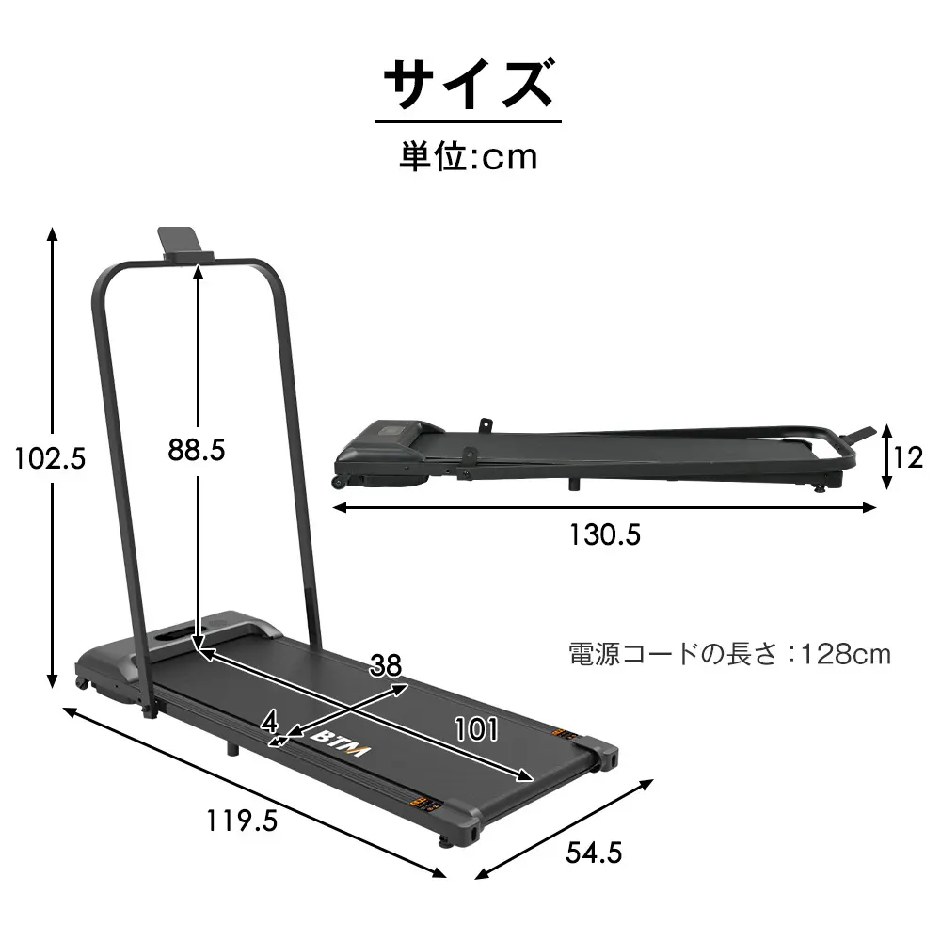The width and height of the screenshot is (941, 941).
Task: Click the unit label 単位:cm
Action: [468, 156]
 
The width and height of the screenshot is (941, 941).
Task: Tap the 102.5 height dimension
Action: [50, 458]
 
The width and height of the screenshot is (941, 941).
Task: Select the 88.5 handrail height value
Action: [197, 450]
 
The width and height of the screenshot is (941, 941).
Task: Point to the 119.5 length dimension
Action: [242, 821]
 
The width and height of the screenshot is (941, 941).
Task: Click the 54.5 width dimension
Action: [594, 853]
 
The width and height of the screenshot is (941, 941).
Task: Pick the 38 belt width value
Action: [385, 665]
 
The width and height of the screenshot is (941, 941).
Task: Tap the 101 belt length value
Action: [476, 730]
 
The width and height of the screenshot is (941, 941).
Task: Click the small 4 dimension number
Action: [269, 722]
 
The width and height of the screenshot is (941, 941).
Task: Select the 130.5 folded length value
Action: [605, 534]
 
